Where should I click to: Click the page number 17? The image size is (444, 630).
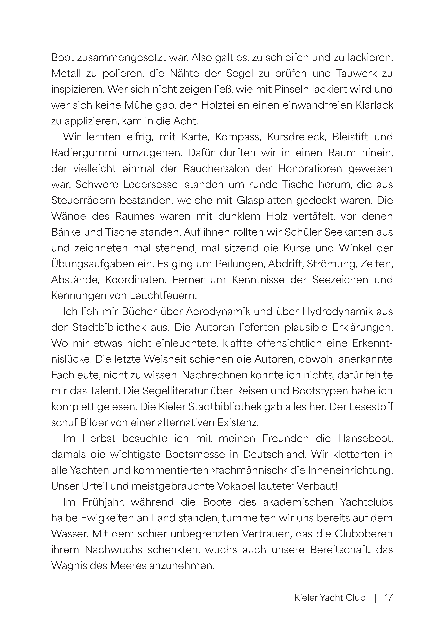(388, 596)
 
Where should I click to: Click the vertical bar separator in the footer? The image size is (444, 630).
(375, 596)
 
